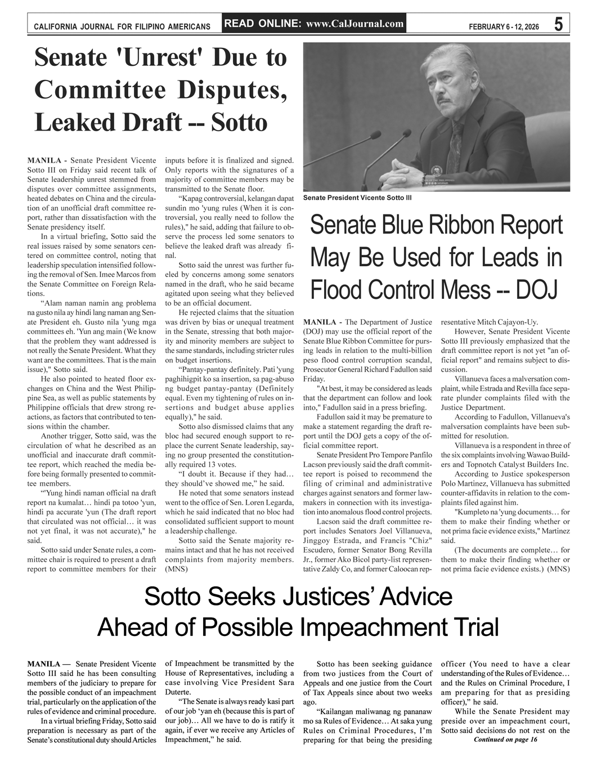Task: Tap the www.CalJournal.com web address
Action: tap(356, 24)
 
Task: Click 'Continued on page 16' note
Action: tap(505, 739)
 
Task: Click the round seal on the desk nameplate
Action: tap(436, 169)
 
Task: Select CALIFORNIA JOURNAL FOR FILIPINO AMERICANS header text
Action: tap(122, 26)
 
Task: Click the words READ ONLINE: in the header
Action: tap(261, 24)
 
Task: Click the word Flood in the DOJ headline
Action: tap(338, 290)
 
